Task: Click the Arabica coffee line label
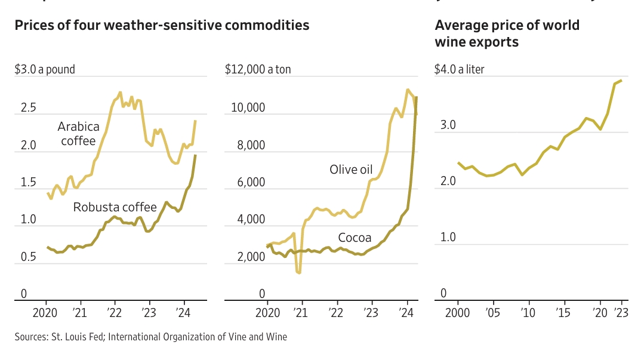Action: point(78,134)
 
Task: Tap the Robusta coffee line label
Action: point(115,207)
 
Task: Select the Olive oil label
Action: point(351,170)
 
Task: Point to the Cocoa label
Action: point(355,238)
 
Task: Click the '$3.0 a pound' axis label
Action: point(45,69)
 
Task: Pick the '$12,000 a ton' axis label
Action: point(258,69)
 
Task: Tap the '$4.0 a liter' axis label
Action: point(460,69)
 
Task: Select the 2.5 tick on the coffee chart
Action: point(29,108)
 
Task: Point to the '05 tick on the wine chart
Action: point(492,312)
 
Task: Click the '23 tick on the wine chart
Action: point(622,312)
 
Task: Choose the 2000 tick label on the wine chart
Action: point(458,312)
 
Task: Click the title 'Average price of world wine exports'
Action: point(507,33)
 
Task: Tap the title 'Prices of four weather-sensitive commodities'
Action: point(162,25)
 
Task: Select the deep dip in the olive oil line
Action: point(298,272)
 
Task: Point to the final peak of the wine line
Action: point(621,81)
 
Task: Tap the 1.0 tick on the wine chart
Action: point(448,238)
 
